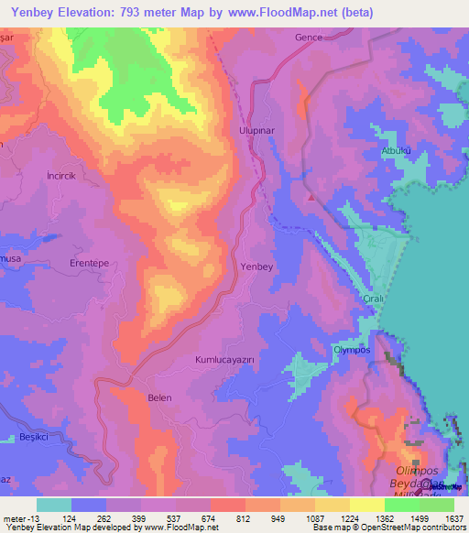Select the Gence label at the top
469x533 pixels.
pyautogui.click(x=310, y=38)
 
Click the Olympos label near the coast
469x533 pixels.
pyautogui.click(x=351, y=351)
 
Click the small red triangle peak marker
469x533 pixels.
pyautogui.click(x=312, y=196)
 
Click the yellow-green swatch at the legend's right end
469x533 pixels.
pyautogui.click(x=437, y=504)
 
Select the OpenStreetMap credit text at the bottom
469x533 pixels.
pyautogui.click(x=415, y=528)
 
